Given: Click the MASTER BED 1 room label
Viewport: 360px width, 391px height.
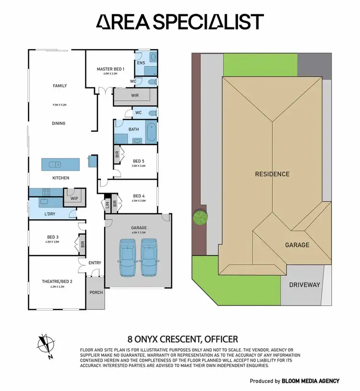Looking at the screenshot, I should point(110,69).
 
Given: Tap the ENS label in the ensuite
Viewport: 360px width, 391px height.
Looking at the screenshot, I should point(141,63).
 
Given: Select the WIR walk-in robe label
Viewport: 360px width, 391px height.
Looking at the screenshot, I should point(135,96).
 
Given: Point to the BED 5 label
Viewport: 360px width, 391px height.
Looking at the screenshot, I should point(139,161).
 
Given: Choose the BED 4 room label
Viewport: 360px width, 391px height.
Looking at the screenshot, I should point(139,196).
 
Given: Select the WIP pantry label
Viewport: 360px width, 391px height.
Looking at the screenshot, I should point(74,198).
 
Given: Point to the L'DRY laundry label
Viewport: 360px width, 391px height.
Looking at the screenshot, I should point(49,213).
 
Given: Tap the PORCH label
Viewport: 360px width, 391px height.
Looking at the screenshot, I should point(96,292).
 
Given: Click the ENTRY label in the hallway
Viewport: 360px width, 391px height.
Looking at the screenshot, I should point(95,263).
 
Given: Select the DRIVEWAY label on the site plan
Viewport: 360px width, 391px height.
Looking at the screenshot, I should point(304,285).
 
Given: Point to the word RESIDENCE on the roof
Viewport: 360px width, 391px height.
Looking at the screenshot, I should point(272,174).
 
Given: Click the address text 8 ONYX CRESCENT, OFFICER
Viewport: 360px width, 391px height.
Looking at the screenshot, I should point(182,339).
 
